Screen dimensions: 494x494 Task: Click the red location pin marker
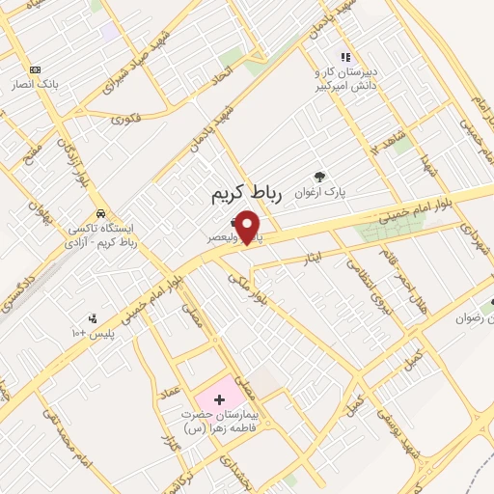click(249, 226)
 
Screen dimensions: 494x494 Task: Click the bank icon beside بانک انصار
click(36, 69)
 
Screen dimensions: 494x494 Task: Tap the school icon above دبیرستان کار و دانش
click(345, 56)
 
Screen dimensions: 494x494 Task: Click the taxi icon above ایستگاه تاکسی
click(100, 213)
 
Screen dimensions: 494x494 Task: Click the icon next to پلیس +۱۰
click(93, 318)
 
